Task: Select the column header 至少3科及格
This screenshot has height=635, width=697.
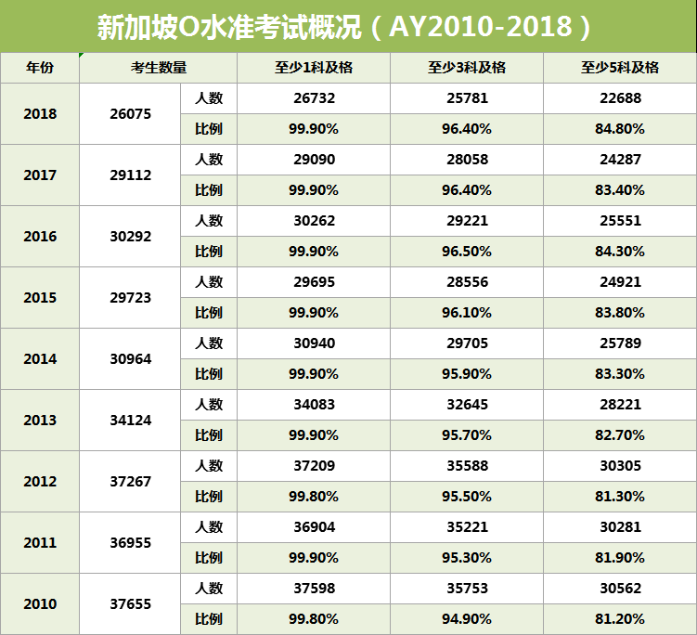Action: pyautogui.click(x=467, y=68)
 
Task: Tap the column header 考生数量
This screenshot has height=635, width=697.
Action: pyautogui.click(x=159, y=68)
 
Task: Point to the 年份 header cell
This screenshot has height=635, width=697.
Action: pyautogui.click(x=40, y=68)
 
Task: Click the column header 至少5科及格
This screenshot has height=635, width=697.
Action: pyautogui.click(x=619, y=68)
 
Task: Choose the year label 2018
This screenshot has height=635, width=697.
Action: pyautogui.click(x=40, y=114)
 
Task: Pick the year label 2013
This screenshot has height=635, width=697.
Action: pyautogui.click(x=40, y=421)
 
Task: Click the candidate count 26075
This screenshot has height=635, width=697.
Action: pyautogui.click(x=130, y=114)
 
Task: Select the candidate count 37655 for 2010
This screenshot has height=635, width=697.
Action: pyautogui.click(x=130, y=604)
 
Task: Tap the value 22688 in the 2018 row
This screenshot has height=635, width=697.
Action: pyautogui.click(x=619, y=98)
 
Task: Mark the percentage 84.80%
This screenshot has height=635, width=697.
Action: pyautogui.click(x=619, y=129)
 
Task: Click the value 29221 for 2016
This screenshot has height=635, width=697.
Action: pyautogui.click(x=467, y=221)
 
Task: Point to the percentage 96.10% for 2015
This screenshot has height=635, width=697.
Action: pyautogui.click(x=467, y=313)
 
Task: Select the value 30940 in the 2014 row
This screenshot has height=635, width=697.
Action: pyautogui.click(x=314, y=343)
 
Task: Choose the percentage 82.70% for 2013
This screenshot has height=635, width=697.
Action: pyautogui.click(x=619, y=435)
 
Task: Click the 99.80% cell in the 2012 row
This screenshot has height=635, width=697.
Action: pyautogui.click(x=314, y=497)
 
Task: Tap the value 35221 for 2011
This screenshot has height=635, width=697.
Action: pyautogui.click(x=467, y=527)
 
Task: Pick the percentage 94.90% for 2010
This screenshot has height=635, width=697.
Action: pyautogui.click(x=467, y=619)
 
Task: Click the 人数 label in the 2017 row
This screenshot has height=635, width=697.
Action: pyautogui.click(x=209, y=160)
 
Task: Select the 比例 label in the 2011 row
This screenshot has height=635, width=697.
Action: pyautogui.click(x=209, y=558)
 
